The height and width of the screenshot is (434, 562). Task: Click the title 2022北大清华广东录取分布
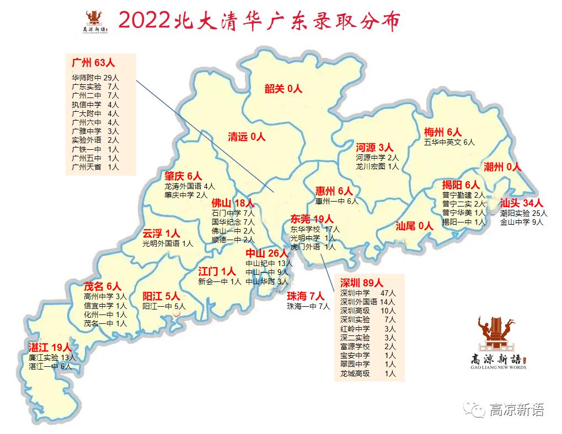pos(258,20)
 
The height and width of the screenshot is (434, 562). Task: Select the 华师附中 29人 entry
pos(95,78)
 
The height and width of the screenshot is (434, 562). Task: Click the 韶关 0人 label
pos(283,89)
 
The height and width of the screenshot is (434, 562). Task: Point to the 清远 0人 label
pos(247,137)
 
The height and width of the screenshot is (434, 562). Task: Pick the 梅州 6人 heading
pos(442,132)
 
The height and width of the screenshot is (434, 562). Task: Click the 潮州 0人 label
pos(502,167)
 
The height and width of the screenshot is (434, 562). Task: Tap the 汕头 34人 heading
pos(521,203)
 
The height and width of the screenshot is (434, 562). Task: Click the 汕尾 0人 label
pos(414,225)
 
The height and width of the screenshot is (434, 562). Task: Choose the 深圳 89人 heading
pos(361,283)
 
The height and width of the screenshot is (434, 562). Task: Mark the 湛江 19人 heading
pos(50,347)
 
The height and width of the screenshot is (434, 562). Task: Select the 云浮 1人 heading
pos(161,233)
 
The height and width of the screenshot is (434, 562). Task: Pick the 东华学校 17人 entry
pos(315,229)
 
